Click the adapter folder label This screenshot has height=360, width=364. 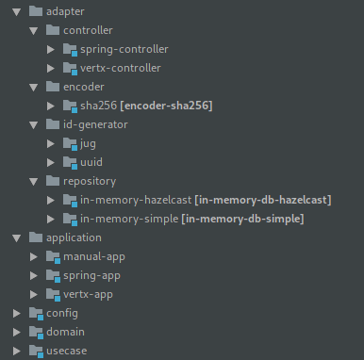[x=65, y=11]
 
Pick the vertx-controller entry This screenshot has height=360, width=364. [x=120, y=68]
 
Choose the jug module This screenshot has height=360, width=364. [x=89, y=143]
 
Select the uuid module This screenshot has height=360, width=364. [x=92, y=162]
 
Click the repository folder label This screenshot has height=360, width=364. [x=93, y=181]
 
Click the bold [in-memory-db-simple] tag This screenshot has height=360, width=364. [x=242, y=219]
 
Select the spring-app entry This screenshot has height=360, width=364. [x=92, y=275]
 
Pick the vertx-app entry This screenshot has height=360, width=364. [x=91, y=294]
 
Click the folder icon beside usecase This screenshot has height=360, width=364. [x=36, y=351]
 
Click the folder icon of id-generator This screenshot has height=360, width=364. [x=54, y=124]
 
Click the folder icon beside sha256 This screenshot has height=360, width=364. [x=70, y=106]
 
